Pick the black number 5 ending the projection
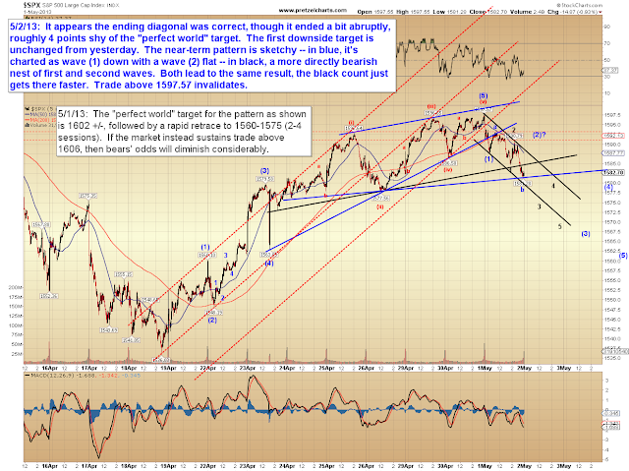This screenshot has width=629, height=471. (x=560, y=226)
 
